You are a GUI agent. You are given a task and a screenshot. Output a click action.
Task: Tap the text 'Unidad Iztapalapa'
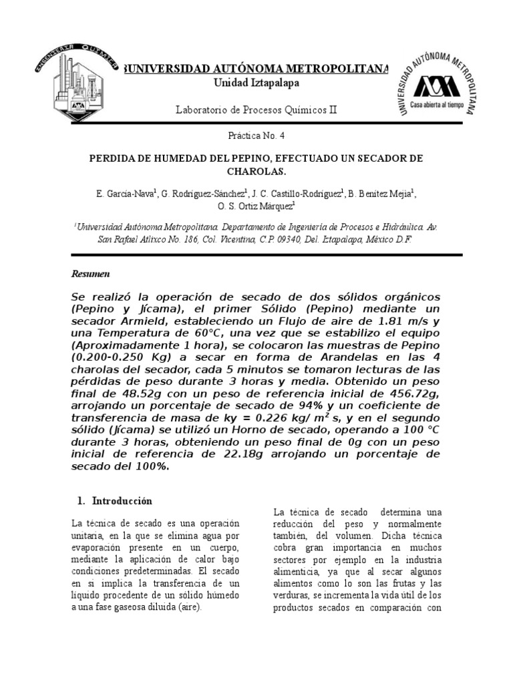256,82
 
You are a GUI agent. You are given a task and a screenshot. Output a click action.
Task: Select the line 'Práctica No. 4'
256,135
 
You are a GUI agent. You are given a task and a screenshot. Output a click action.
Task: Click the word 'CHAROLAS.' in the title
256,171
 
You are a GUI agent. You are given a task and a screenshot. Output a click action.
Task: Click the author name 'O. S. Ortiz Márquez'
256,207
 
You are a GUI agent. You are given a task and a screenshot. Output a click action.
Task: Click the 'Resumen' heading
90,275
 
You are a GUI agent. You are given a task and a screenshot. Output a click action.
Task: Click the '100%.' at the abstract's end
150,466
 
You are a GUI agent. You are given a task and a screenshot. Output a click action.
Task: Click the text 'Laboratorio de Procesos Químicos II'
256,109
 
